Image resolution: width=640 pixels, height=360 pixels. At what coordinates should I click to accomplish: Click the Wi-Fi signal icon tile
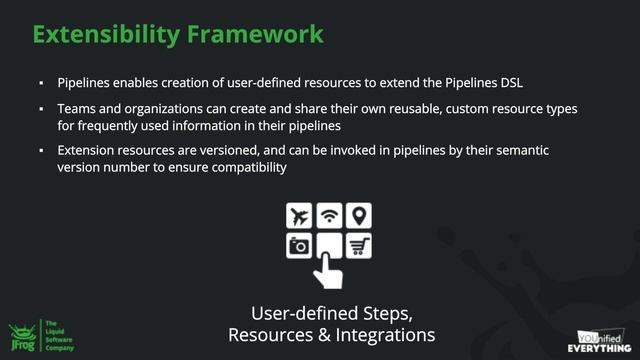(329, 215)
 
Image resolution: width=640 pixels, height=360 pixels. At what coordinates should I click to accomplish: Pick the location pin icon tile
(360, 215)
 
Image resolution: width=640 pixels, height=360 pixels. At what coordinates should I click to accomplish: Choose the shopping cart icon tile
(360, 245)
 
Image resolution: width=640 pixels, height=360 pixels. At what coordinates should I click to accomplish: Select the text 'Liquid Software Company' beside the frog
(59, 334)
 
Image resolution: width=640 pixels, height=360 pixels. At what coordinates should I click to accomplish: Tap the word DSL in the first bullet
(508, 80)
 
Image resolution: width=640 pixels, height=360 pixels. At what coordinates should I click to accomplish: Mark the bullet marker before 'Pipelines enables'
(42, 81)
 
